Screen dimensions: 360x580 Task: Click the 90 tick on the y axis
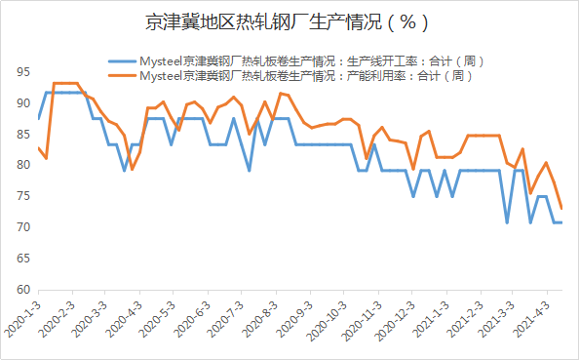click(21, 103)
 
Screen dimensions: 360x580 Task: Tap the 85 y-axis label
click(21, 135)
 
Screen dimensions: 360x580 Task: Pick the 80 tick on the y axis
click(21, 166)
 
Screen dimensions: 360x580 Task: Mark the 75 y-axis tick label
click(21, 196)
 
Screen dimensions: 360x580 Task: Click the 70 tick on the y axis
click(21, 227)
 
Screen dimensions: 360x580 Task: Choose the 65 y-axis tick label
click(21, 259)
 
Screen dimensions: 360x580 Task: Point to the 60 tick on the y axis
click(21, 290)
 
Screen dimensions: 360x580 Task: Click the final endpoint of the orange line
click(561, 208)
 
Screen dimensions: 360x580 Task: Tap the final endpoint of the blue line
click(561, 222)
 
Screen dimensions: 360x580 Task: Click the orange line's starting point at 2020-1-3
click(38, 148)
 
